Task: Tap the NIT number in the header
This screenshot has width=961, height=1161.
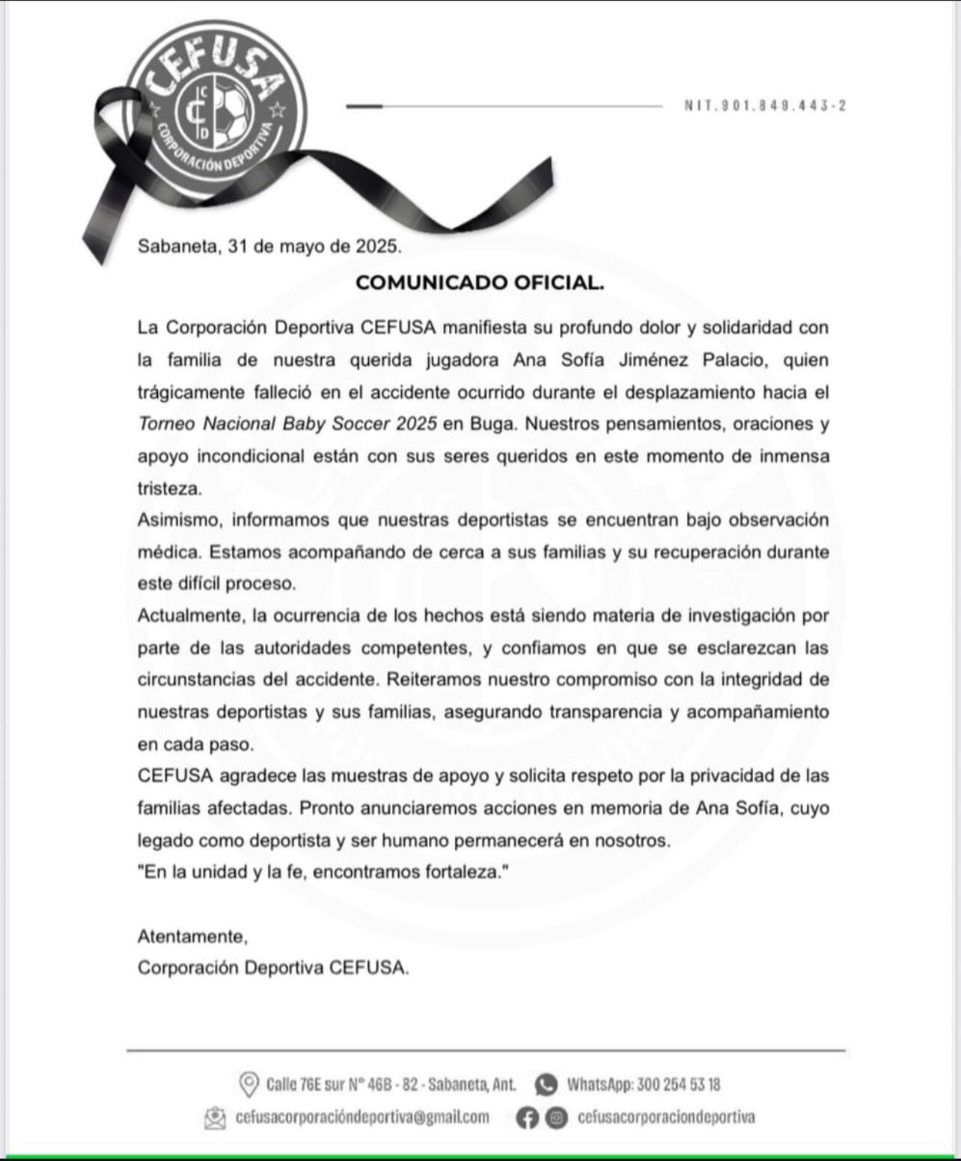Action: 765,106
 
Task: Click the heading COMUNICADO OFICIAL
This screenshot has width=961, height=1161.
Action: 480,283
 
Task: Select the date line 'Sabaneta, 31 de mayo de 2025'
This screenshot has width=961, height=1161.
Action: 269,246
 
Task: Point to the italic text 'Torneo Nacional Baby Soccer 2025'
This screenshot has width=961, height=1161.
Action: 287,424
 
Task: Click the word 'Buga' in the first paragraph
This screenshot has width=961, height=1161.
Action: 492,424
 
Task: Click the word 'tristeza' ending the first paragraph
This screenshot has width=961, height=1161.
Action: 169,488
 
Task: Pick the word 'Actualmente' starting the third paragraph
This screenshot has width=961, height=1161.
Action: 190,616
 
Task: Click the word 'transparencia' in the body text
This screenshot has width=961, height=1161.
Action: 605,712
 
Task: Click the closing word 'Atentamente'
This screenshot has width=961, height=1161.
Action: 192,936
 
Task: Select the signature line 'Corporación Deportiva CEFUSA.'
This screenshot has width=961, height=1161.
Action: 273,968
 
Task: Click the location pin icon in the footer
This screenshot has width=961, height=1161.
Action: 248,1084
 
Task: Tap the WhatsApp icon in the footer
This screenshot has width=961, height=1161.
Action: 546,1084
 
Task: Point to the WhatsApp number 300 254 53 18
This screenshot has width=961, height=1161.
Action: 678,1084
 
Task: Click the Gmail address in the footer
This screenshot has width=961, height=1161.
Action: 362,1117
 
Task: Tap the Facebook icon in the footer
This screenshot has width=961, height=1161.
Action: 528,1118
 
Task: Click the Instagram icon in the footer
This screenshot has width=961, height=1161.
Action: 555,1118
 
